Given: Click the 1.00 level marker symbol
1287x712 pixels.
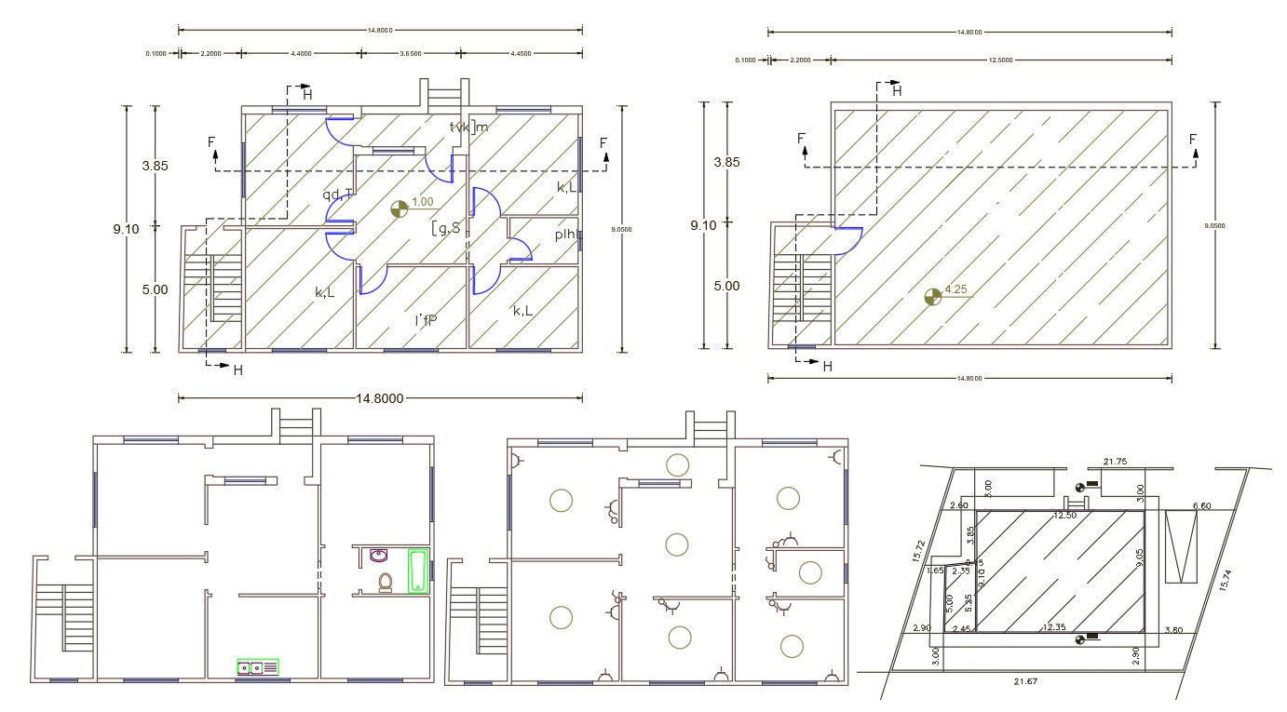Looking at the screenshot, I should pyautogui.click(x=400, y=209).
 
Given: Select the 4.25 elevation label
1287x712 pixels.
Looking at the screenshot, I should pyautogui.click(x=956, y=289).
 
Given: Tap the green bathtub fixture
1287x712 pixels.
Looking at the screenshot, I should pyautogui.click(x=418, y=570).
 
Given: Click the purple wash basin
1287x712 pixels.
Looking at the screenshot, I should pyautogui.click(x=378, y=557).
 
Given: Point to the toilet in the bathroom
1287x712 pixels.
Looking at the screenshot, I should pyautogui.click(x=385, y=583).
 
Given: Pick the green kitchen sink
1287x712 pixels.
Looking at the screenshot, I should pyautogui.click(x=258, y=666).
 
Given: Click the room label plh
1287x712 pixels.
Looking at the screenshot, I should pyautogui.click(x=565, y=235).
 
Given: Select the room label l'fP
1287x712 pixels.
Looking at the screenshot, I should pyautogui.click(x=426, y=321).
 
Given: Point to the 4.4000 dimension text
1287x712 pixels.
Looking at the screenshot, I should pyautogui.click(x=302, y=54).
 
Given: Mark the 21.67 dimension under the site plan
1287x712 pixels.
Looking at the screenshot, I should pyautogui.click(x=1026, y=682).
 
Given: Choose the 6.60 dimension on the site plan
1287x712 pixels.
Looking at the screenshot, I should pyautogui.click(x=1202, y=506).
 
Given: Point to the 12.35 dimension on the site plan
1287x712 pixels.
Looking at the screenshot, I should pyautogui.click(x=1054, y=627).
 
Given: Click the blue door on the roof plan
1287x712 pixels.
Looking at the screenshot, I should pyautogui.click(x=847, y=238).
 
